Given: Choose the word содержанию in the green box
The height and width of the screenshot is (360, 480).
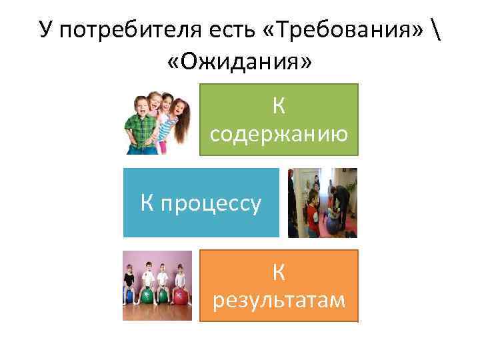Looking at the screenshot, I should click(x=279, y=134).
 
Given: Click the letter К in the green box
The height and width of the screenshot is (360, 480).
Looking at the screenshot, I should click(x=279, y=105).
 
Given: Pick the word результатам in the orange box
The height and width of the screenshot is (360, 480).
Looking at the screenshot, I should click(x=279, y=301).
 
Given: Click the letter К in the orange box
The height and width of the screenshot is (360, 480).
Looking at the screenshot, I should click(x=279, y=271).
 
